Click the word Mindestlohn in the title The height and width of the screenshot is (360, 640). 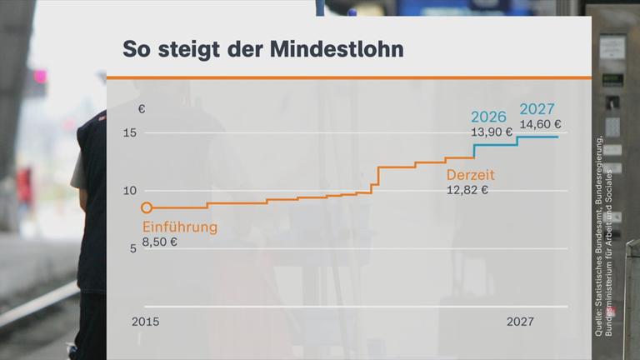(336, 49)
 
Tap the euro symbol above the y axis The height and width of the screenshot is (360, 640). (141, 108)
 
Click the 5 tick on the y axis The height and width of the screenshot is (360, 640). (131, 248)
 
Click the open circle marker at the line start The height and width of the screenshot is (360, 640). (147, 207)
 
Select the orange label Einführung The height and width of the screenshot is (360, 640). (180, 227)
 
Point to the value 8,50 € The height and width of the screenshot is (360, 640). (160, 242)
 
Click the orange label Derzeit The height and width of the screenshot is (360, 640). (471, 175)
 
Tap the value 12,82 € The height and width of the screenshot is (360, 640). (467, 190)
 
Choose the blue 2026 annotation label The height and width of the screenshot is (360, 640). (488, 117)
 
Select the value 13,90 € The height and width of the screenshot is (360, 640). (492, 132)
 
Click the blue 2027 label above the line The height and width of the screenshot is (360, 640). (537, 109)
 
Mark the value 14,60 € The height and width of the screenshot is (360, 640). (540, 125)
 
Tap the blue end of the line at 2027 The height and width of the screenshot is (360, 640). (557, 136)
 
